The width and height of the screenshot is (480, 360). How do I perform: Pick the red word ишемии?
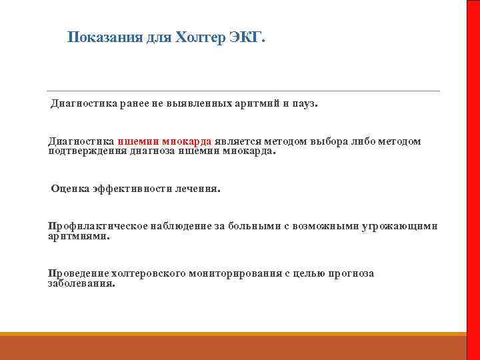(x=138, y=141)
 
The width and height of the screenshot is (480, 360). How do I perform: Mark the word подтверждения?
(x=85, y=151)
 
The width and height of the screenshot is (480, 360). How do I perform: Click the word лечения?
(x=197, y=189)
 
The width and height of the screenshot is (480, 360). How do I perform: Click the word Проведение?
(x=77, y=273)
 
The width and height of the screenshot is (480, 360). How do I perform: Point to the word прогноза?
(x=350, y=273)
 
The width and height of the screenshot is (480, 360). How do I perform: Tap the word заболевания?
(x=81, y=283)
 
